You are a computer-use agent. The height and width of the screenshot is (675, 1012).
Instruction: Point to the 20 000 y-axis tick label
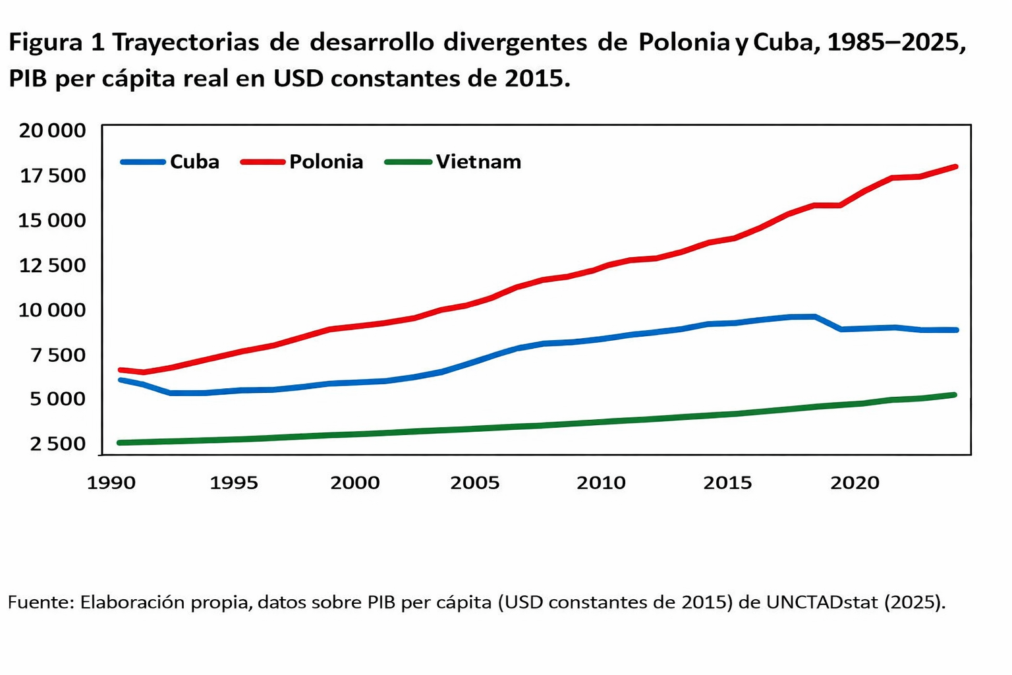click(53, 131)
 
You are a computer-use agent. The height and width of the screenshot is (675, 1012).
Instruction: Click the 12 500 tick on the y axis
click(53, 265)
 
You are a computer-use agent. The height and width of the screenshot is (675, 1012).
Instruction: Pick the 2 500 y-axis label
click(58, 444)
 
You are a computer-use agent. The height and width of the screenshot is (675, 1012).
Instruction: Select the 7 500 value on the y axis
click(58, 355)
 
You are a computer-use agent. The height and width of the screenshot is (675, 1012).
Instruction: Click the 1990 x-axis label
click(111, 483)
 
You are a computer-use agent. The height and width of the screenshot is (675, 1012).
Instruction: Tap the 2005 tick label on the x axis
click(475, 483)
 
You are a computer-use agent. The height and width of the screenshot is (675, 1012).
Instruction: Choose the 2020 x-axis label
click(855, 483)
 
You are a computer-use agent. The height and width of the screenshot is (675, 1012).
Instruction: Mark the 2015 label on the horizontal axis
click(727, 483)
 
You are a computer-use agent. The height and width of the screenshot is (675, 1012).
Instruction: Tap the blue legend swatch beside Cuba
click(142, 161)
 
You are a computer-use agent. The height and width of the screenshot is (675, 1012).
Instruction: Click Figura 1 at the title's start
click(56, 42)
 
